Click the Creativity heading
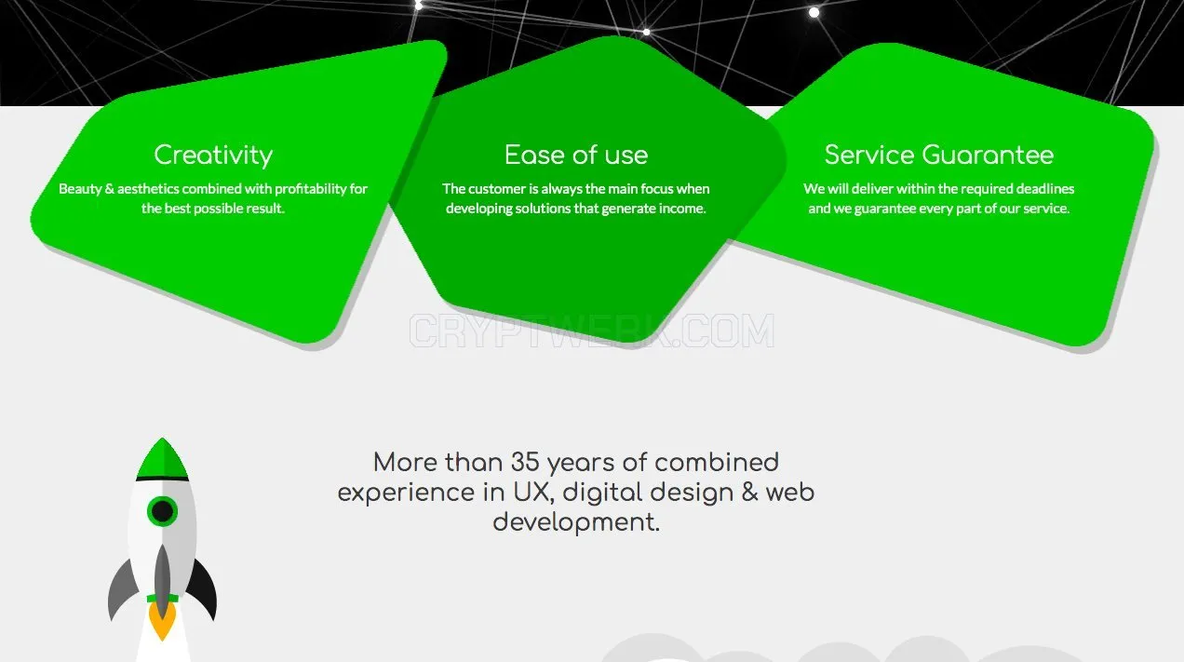click(213, 155)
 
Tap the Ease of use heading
click(576, 155)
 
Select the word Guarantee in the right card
click(988, 155)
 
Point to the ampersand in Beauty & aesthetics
click(110, 189)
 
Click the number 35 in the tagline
click(525, 462)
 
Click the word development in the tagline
click(576, 522)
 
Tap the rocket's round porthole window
click(162, 511)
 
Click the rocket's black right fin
click(204, 588)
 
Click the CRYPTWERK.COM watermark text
click(592, 331)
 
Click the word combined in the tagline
click(717, 462)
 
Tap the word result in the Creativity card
click(265, 209)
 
